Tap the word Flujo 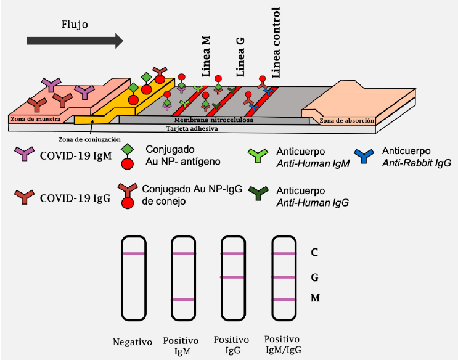(75, 25)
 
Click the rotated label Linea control (276, 43)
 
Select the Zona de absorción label (346, 120)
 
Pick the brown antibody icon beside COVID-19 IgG (25, 197)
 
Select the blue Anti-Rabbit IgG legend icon (366, 155)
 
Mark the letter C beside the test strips (315, 253)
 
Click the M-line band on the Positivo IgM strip (184, 300)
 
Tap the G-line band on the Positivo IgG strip (233, 277)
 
